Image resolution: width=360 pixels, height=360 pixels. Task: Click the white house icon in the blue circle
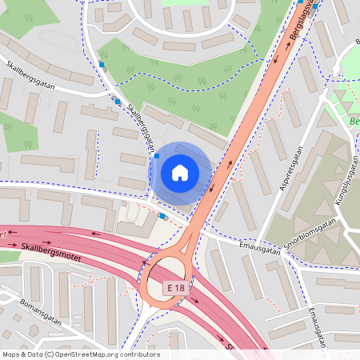(x=180, y=173)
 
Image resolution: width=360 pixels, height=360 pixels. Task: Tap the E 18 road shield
(x=177, y=286)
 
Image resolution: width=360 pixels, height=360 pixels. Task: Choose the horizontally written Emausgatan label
(x=260, y=250)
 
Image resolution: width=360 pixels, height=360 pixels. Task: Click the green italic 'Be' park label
(x=354, y=122)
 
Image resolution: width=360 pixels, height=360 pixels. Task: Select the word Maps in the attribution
(x=11, y=354)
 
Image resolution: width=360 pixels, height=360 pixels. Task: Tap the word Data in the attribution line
(x=36, y=354)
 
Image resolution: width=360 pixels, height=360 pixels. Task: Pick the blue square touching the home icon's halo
(x=157, y=155)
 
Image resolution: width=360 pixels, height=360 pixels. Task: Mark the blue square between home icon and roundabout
(x=162, y=215)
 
